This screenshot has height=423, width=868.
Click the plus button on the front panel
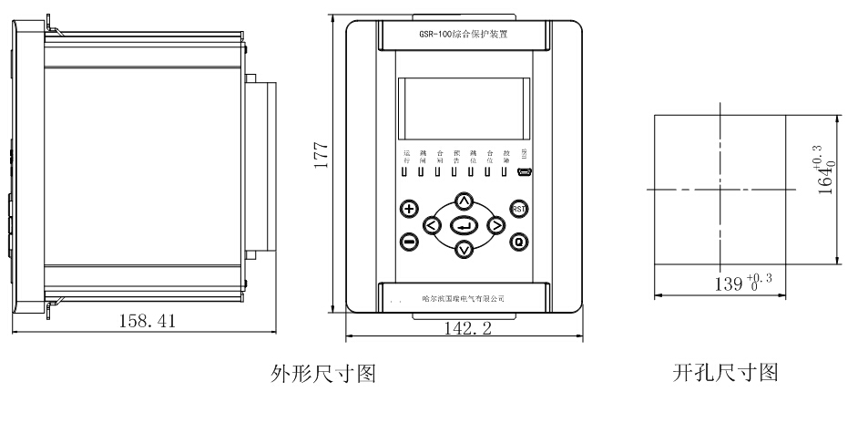[x=409, y=209]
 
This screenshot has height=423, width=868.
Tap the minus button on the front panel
[x=409, y=242]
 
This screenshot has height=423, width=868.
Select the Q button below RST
[x=519, y=242]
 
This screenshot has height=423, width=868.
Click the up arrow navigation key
[x=464, y=201]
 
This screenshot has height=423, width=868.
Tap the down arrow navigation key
[x=464, y=249]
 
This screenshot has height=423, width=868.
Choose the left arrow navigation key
[x=433, y=225]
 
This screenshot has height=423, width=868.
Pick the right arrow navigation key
[x=495, y=225]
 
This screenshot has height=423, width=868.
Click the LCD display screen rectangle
[x=464, y=106]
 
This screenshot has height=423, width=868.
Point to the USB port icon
[x=525, y=170]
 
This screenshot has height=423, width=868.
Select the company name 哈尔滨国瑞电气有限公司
[x=464, y=299]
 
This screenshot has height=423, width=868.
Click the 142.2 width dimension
[x=465, y=329]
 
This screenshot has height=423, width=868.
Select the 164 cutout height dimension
[x=827, y=173]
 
